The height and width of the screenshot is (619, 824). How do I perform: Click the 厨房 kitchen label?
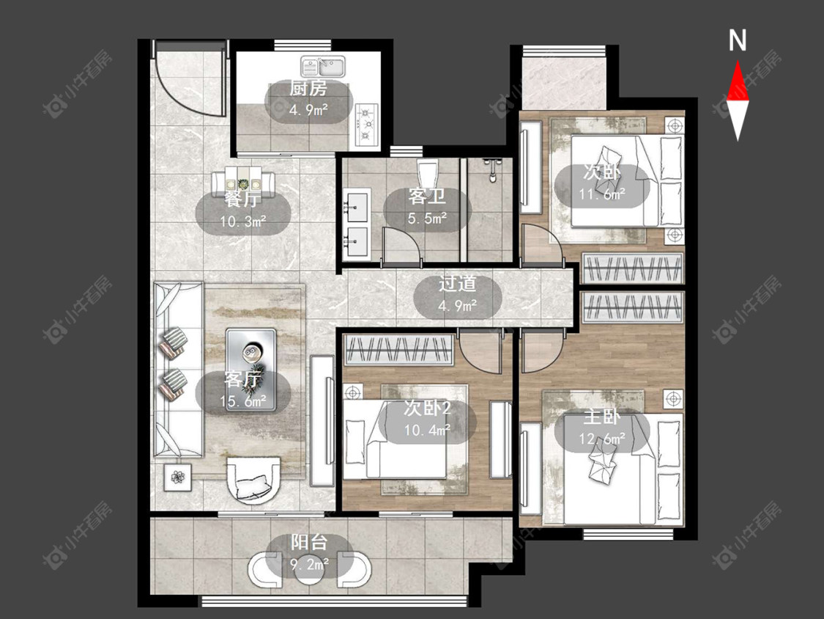[x=308, y=89]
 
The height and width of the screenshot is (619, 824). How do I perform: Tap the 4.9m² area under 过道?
[x=458, y=305]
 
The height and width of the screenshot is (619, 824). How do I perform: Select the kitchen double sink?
[x=323, y=67]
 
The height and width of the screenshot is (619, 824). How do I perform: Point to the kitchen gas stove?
[x=366, y=125]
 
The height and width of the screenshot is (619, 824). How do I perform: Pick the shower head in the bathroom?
[x=492, y=169]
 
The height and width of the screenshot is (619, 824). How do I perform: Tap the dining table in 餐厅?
[x=243, y=183]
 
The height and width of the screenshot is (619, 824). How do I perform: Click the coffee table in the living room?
[x=251, y=363]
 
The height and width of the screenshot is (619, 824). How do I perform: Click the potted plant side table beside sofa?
[x=178, y=477]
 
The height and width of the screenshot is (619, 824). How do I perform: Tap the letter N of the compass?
[x=738, y=40]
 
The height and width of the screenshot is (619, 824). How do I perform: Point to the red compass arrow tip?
[x=738, y=61]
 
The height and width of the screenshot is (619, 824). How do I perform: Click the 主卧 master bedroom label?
[x=602, y=417]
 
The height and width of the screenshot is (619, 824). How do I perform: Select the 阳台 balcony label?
[x=309, y=543]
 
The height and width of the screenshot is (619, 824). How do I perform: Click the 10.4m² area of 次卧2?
[x=427, y=430]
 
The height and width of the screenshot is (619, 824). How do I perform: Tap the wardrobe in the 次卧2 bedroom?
[x=398, y=350]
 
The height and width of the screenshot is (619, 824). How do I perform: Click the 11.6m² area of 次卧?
[x=602, y=194]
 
